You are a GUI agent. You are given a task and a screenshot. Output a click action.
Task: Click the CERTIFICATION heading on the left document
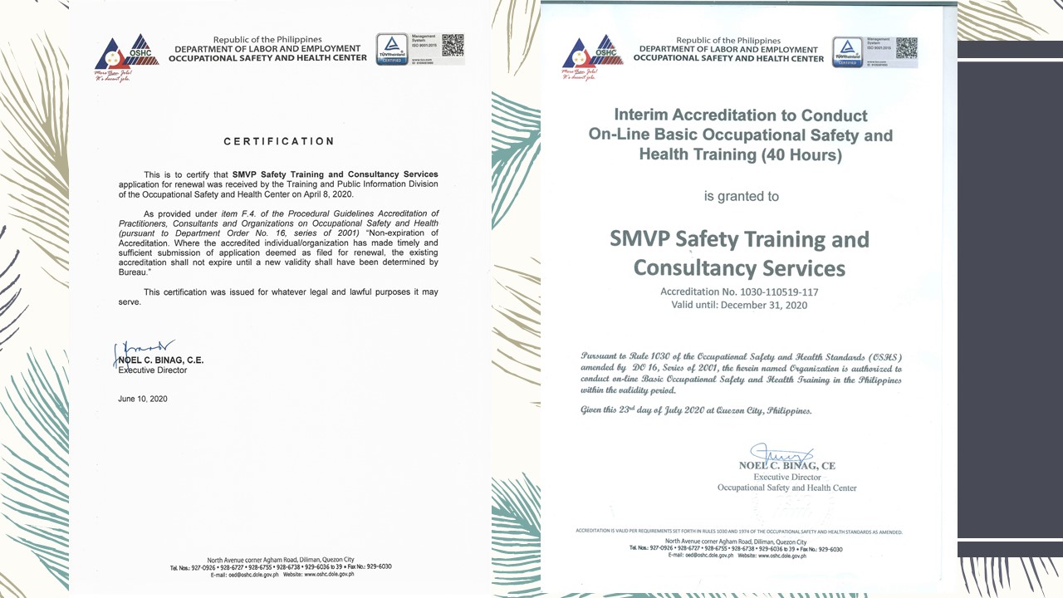coord(279,142)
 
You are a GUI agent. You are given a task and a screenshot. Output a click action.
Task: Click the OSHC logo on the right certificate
coord(592,56)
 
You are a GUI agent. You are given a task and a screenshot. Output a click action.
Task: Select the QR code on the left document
coord(453,46)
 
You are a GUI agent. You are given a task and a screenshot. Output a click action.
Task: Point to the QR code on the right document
coord(906,48)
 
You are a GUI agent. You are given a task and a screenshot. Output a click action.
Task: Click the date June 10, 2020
coord(143,399)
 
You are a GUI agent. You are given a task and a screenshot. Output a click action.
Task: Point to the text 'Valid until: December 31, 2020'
coord(739,305)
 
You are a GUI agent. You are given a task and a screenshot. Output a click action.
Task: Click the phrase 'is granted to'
coord(742,197)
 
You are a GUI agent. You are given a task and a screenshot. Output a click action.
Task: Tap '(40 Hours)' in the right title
coord(804,154)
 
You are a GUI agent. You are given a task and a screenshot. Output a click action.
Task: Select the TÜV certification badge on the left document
coord(392,49)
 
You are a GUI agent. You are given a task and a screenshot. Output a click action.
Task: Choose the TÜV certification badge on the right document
coord(848,51)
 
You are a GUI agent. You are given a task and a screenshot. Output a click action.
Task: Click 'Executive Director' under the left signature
coord(153,370)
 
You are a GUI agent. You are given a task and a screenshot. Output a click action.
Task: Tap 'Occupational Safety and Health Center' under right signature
coord(786,488)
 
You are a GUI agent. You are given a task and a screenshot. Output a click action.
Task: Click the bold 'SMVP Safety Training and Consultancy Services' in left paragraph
coord(335,174)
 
